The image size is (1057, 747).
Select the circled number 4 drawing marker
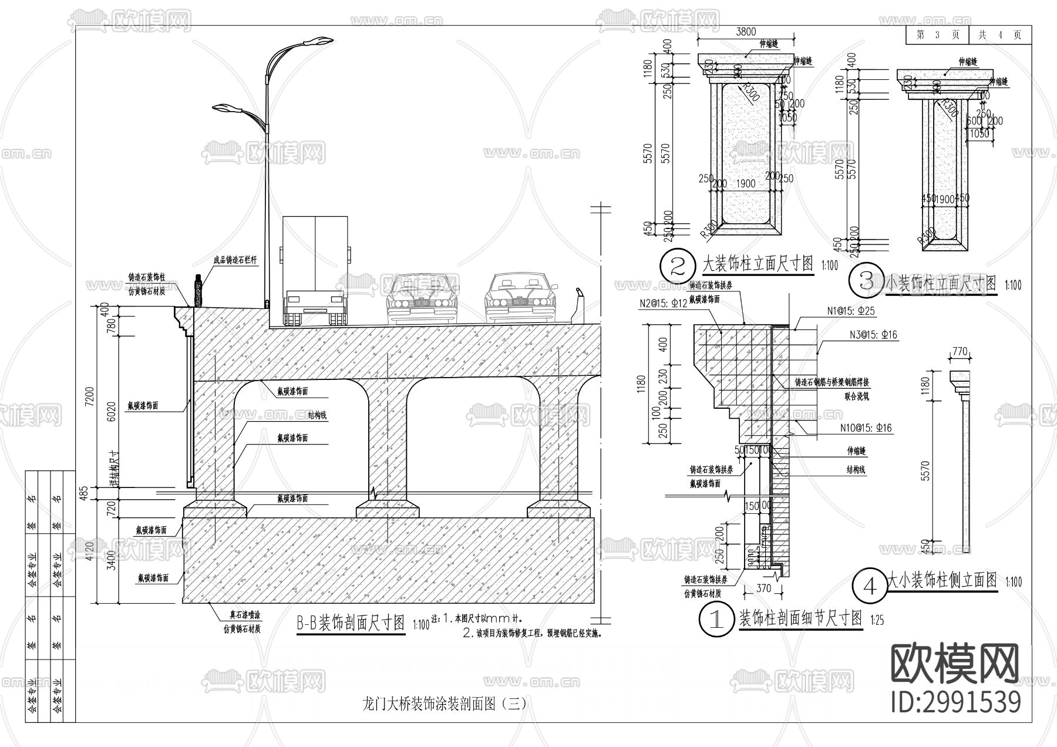click(x=870, y=586)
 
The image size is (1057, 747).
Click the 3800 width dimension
click(x=746, y=32)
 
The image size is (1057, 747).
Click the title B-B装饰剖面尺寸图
click(x=350, y=623)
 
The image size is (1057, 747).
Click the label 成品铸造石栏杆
click(x=235, y=258)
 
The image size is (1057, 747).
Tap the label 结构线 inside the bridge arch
click(x=317, y=416)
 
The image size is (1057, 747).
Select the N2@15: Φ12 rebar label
click(x=663, y=304)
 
